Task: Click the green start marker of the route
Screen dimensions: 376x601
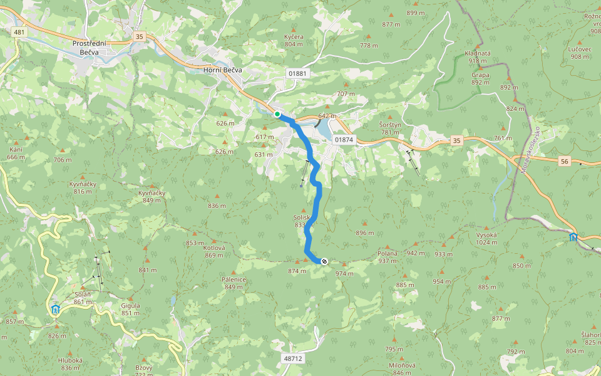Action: coord(277,114)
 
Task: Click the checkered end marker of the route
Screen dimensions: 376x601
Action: coord(324,261)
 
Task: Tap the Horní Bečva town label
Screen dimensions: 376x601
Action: coord(223,70)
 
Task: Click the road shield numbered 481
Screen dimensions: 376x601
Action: coord(19,32)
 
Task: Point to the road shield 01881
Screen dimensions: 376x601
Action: coord(299,73)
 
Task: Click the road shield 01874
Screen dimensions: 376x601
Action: coord(344,140)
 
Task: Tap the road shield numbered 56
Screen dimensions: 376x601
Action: coord(565,161)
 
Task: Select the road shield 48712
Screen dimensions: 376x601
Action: coord(293,358)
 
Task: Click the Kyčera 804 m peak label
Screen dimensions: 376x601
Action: coord(294,40)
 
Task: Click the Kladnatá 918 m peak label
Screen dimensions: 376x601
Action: coord(478,57)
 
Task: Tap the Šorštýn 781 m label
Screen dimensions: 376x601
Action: coord(389,128)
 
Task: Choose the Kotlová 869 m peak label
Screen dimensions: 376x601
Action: coord(214,251)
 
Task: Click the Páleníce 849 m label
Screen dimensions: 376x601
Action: coord(234,283)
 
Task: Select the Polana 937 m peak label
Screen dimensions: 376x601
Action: coord(388,257)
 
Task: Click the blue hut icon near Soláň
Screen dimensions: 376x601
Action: coord(55,309)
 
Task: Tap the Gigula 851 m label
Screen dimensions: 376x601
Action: coord(130,309)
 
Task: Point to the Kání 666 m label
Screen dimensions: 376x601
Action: coord(16,153)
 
